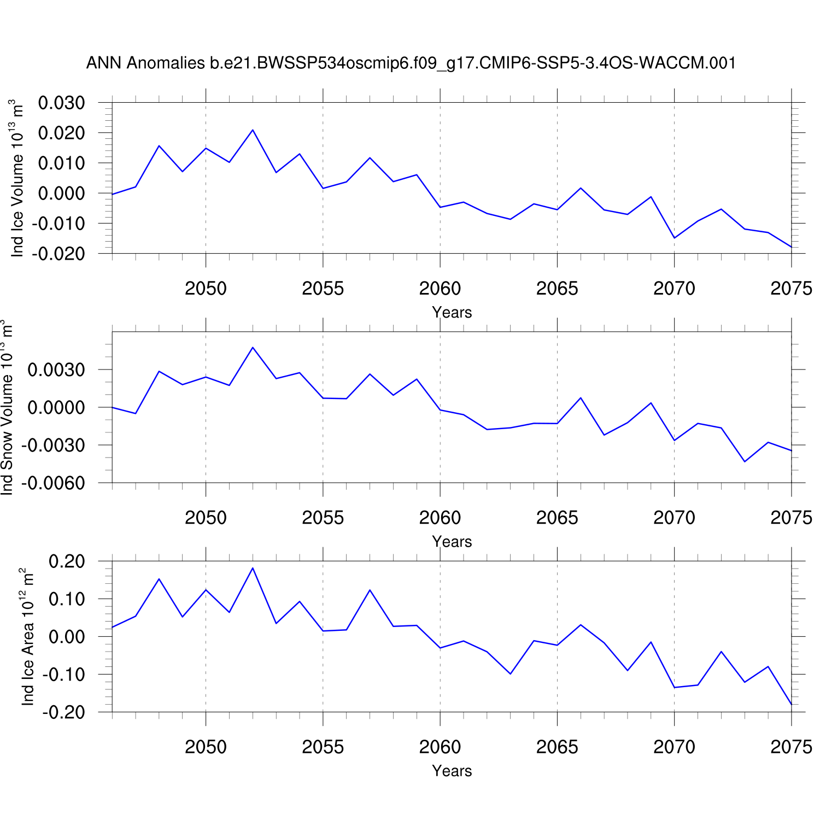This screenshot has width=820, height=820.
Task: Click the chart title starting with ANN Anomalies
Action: [411, 63]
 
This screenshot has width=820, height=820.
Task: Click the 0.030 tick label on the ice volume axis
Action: [61, 103]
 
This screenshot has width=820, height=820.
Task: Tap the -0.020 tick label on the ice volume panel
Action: [58, 254]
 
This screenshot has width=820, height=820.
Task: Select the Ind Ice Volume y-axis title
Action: [17, 178]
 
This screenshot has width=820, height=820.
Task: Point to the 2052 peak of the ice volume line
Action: [253, 130]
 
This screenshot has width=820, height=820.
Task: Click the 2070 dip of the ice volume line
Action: [675, 238]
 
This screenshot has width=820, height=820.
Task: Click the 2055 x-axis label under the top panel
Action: [323, 289]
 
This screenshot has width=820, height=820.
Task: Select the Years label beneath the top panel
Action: [452, 313]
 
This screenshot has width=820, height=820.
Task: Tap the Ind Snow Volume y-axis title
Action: [7, 408]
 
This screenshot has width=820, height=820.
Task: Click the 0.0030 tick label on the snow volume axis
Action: [56, 370]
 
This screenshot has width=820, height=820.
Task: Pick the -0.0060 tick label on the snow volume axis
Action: [53, 483]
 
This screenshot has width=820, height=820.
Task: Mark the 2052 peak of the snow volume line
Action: [253, 348]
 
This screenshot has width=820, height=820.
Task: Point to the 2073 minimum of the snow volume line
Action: [745, 462]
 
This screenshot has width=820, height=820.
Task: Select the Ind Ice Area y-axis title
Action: [27, 637]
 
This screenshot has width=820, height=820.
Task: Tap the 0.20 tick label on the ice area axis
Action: [67, 561]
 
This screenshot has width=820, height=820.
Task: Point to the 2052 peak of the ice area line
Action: [253, 568]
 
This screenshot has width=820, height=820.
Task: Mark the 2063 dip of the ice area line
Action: [511, 673]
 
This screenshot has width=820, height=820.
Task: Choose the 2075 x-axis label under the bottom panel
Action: [791, 747]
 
